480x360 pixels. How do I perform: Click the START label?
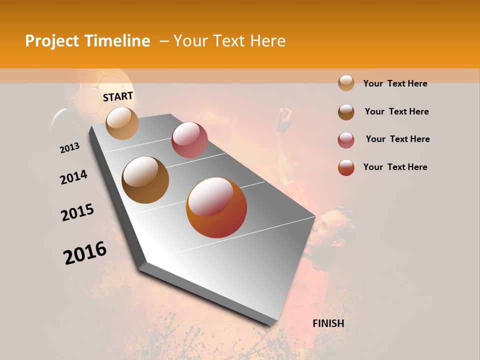pos(118,96)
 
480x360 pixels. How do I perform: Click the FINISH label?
pos(328,323)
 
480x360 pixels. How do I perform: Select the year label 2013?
pos(69,148)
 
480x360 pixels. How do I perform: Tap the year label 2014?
pos(73,177)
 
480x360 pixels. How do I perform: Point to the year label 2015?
pos(77,212)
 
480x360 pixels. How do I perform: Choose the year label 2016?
pos(85,253)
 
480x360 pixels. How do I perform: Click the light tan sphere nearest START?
pos(122,123)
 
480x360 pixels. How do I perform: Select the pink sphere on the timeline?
pos(189,139)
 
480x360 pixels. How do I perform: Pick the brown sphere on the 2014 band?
pos(145,180)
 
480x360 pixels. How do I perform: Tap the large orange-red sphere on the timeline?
pos(216,207)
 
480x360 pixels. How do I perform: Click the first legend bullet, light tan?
pos(346,83)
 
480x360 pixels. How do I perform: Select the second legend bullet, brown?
pos(346,112)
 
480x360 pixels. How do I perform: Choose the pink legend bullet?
pos(346,140)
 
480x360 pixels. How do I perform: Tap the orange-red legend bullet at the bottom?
pos(346,167)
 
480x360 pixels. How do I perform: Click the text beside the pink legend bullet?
pos(397,139)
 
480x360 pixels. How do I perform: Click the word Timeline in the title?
pos(116,41)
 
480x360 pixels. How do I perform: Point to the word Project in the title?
pos(52,41)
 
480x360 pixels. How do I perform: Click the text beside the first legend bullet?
pos(395,83)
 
